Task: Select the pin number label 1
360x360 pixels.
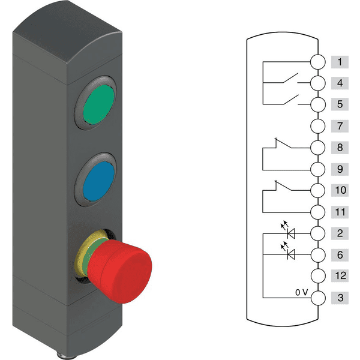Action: [x=340, y=62]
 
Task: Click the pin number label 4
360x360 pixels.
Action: [x=340, y=83]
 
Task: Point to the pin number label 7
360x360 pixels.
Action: [x=340, y=126]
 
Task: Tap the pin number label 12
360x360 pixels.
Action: [x=340, y=277]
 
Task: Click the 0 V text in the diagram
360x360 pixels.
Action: [x=301, y=292]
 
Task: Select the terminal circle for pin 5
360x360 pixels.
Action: [x=318, y=104]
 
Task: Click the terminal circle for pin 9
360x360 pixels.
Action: [x=318, y=169]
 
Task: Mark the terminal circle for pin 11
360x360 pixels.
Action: [x=318, y=212]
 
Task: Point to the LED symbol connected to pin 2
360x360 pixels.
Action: [x=292, y=233]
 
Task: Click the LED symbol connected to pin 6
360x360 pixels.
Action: [x=292, y=254]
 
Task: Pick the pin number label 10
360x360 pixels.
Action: [x=340, y=190]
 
